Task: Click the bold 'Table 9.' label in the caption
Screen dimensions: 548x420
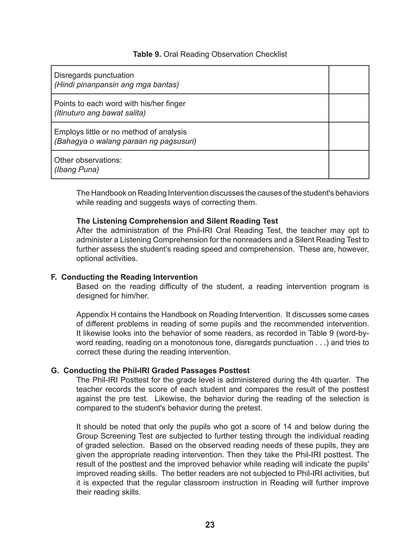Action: [147, 54]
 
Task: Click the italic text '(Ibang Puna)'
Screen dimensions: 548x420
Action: [76, 170]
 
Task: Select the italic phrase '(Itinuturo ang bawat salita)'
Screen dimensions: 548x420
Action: [100, 113]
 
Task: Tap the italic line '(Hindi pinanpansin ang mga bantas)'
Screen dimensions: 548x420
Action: [116, 85]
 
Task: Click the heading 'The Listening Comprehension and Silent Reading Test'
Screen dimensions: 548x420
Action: [177, 221]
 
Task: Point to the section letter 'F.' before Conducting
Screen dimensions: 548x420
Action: [54, 277]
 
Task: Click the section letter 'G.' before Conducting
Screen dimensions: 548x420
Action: [55, 371]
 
